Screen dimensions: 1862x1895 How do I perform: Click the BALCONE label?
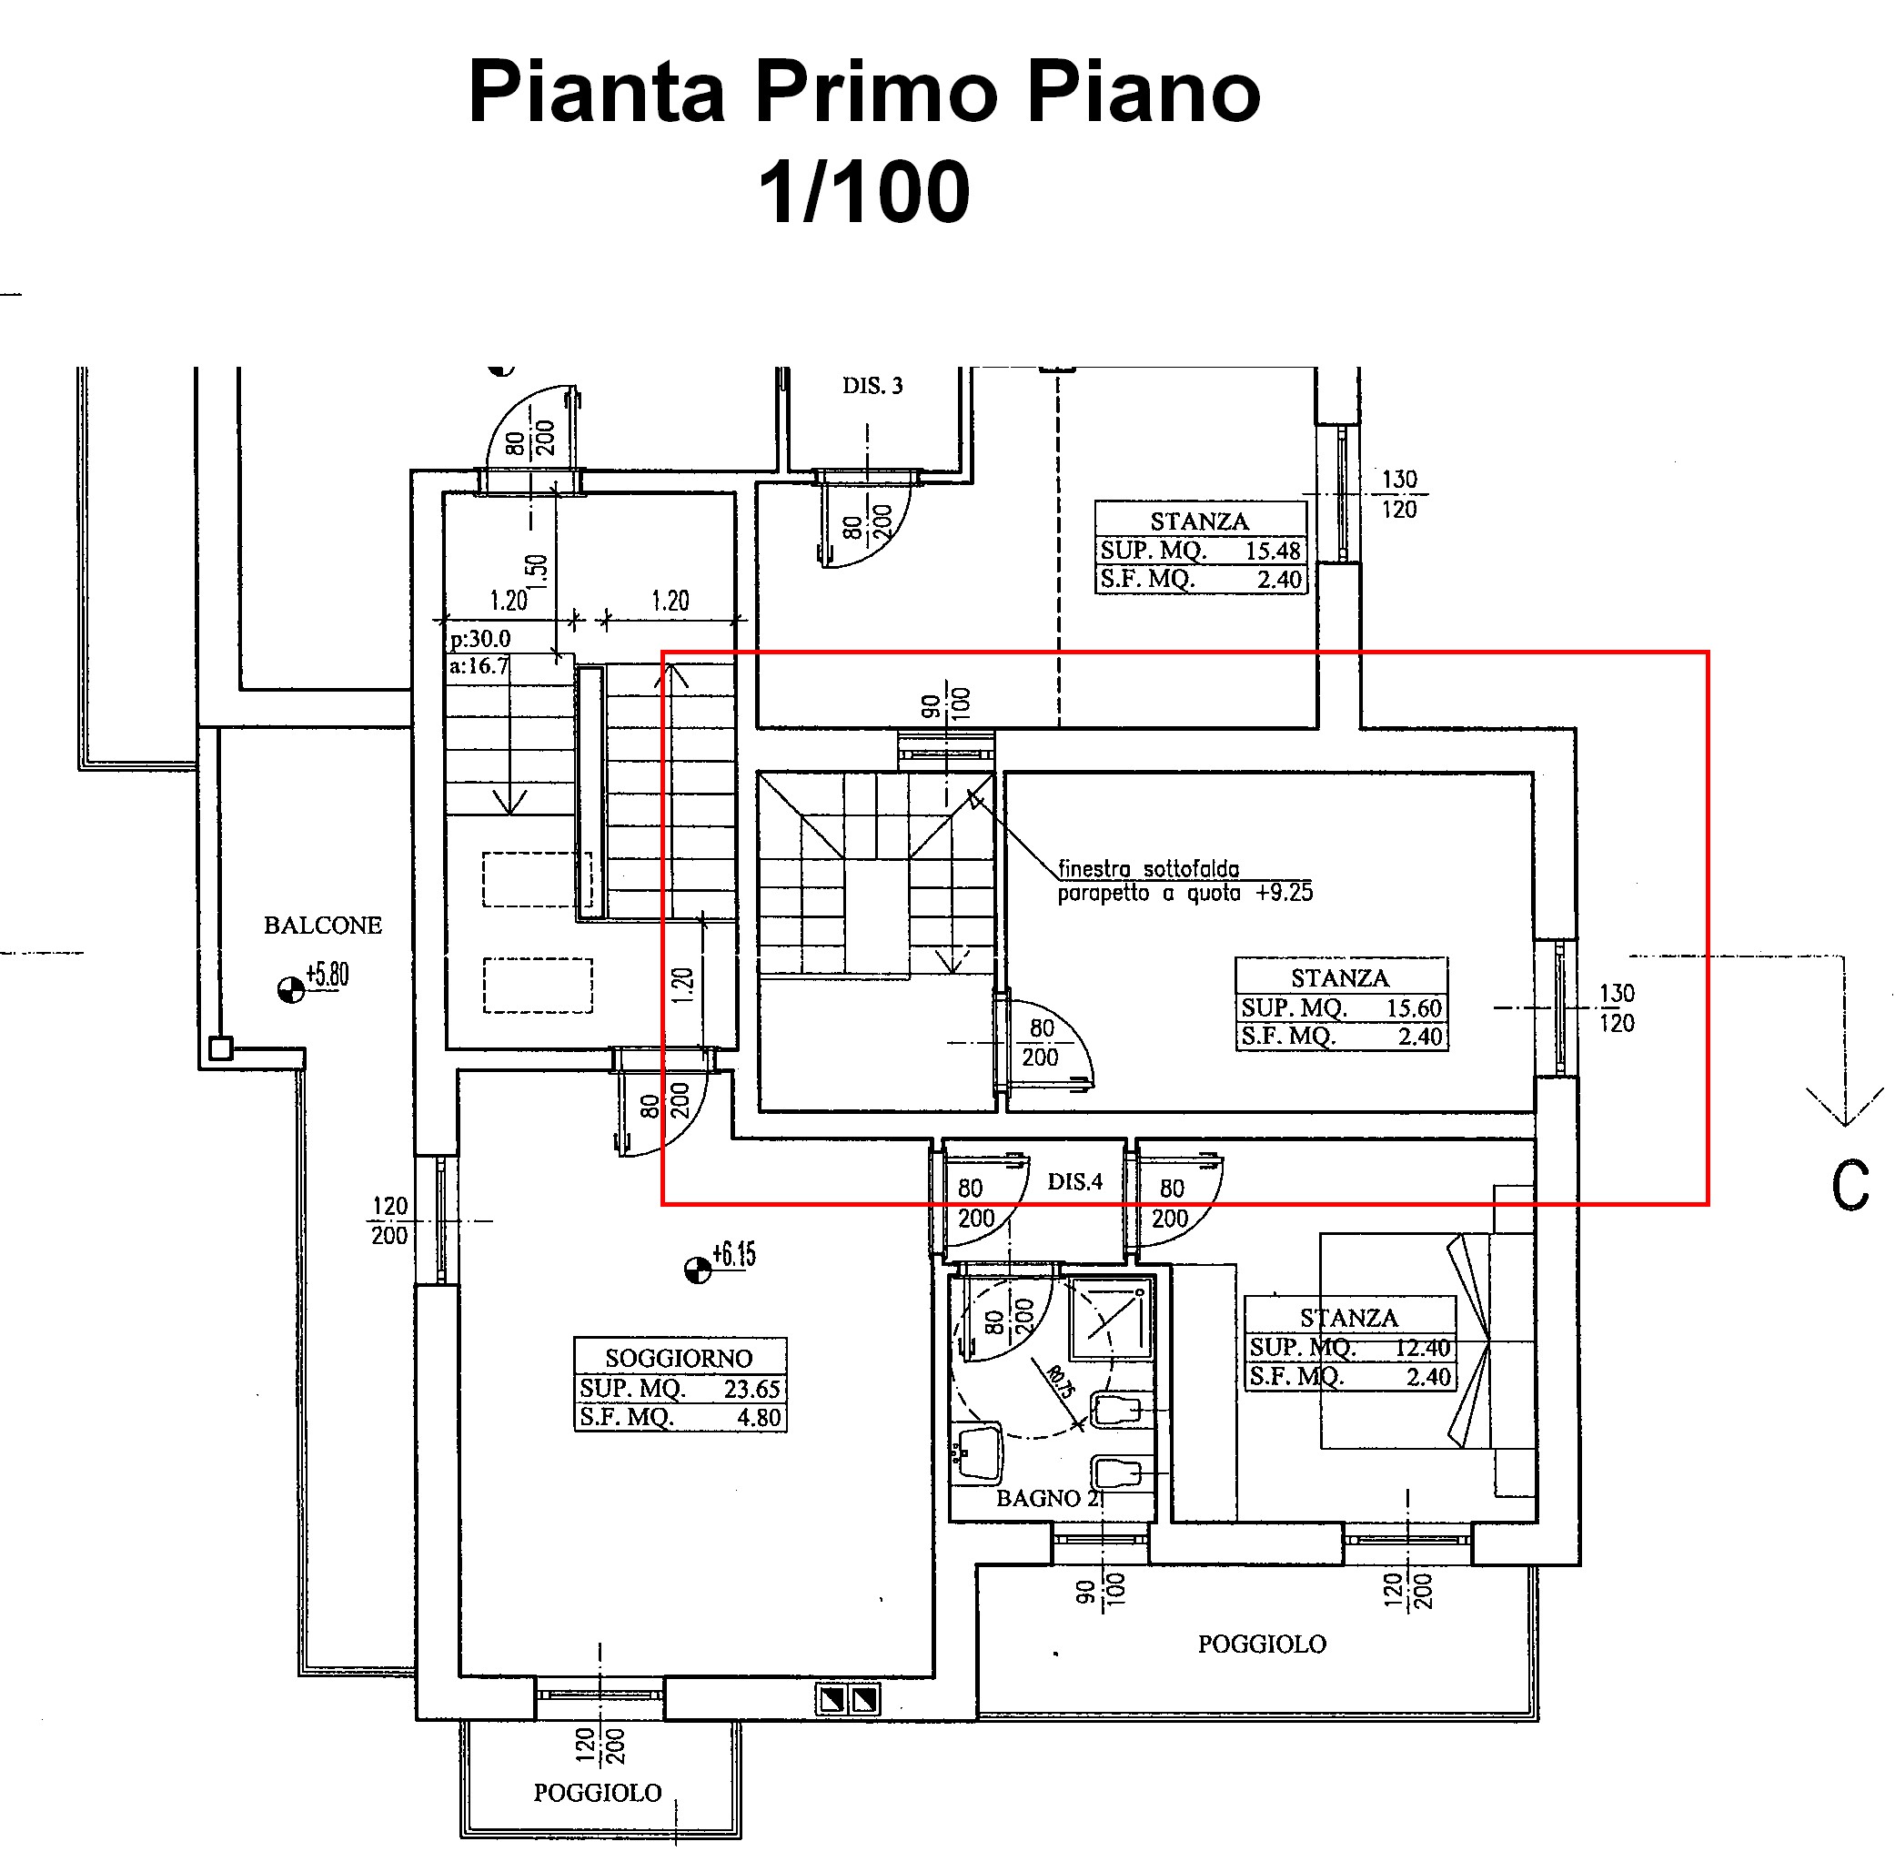(323, 926)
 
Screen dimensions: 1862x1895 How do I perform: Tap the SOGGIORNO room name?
(679, 1359)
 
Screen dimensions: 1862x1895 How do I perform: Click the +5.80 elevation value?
(328, 975)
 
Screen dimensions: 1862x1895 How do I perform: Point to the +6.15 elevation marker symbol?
(697, 1270)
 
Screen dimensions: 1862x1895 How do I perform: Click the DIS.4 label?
(1074, 1181)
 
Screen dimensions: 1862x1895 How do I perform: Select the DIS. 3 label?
(872, 386)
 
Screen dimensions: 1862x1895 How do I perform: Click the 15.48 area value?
(1272, 551)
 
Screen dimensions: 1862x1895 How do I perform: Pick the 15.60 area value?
(1414, 1008)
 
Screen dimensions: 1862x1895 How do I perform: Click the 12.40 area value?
(1422, 1348)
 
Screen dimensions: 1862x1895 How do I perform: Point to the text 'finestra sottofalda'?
(1148, 868)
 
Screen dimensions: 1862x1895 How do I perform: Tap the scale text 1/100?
(864, 193)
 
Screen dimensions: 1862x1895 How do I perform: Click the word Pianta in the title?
(597, 93)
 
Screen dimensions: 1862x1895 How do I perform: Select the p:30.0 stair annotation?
(480, 640)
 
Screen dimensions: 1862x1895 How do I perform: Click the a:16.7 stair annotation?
(479, 667)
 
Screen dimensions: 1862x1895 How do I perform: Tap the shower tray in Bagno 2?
(1110, 1321)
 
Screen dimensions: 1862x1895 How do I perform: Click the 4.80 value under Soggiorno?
(759, 1418)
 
